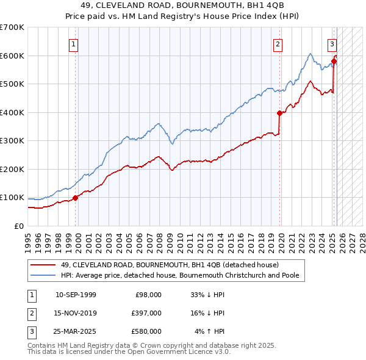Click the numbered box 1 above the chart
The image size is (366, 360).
(73, 44)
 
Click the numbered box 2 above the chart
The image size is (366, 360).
(278, 44)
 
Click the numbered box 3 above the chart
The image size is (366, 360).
(332, 44)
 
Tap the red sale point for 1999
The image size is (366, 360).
(76, 198)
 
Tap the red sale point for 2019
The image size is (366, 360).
(280, 113)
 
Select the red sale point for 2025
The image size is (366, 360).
(334, 61)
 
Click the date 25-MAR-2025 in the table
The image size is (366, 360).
(76, 331)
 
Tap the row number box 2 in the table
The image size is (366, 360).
(30, 313)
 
